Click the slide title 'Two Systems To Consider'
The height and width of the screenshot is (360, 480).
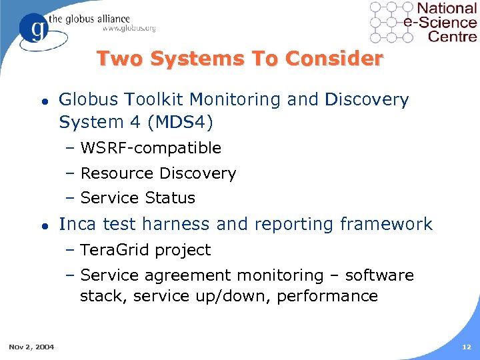click(x=240, y=59)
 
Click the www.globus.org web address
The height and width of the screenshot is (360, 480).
click(x=129, y=28)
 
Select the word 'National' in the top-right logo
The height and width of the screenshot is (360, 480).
click(x=446, y=9)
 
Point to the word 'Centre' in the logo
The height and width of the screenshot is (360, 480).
click(x=452, y=37)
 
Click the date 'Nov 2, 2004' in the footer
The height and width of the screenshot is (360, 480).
click(x=32, y=346)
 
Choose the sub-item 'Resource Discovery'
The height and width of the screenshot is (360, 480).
click(x=158, y=173)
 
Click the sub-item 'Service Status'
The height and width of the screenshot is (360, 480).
click(x=137, y=198)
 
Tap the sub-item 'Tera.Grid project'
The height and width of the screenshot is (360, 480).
click(x=145, y=250)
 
